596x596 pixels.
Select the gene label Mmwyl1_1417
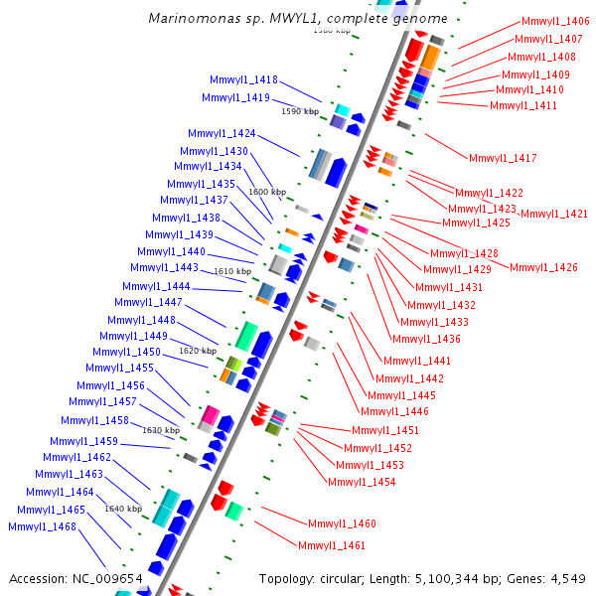503,159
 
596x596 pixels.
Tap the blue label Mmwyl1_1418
243,80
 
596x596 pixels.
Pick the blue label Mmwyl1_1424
222,134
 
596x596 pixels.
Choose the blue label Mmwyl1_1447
148,303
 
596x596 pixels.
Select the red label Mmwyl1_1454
362,483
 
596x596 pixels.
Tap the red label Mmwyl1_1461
332,546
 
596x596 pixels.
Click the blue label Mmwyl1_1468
42,527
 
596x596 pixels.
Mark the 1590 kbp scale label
300,112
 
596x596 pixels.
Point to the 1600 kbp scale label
267,192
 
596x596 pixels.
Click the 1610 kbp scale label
232,271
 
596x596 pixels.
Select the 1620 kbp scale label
198,351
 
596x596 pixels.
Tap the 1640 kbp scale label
123,509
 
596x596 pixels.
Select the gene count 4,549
566,578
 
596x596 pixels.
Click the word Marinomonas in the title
187,19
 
